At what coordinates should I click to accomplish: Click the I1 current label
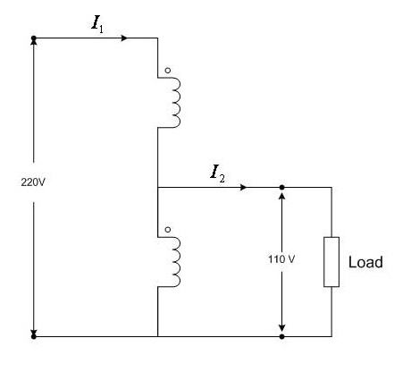click(x=97, y=24)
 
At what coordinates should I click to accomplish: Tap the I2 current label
click(x=217, y=173)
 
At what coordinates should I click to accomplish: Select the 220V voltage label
click(x=33, y=182)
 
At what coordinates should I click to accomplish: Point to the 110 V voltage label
click(x=281, y=259)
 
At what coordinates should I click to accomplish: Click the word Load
click(x=365, y=262)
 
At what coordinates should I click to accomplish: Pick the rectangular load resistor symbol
click(x=331, y=262)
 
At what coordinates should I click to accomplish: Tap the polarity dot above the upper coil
click(x=168, y=71)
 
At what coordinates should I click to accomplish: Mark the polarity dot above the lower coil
click(x=168, y=230)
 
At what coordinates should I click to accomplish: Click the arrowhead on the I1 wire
click(x=125, y=38)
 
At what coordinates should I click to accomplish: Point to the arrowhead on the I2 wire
click(x=244, y=187)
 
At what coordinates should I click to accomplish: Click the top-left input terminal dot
click(x=34, y=38)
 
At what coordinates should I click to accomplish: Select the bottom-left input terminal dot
click(x=34, y=336)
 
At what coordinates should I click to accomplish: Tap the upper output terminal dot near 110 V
click(x=281, y=187)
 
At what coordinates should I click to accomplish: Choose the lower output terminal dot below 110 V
click(x=281, y=336)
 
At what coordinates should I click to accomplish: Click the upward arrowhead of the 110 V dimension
click(x=281, y=196)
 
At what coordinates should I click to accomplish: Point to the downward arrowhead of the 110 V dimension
click(x=281, y=328)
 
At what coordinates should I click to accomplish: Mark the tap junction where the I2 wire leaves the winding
click(x=157, y=187)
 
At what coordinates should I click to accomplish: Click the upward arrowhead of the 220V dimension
click(x=34, y=42)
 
